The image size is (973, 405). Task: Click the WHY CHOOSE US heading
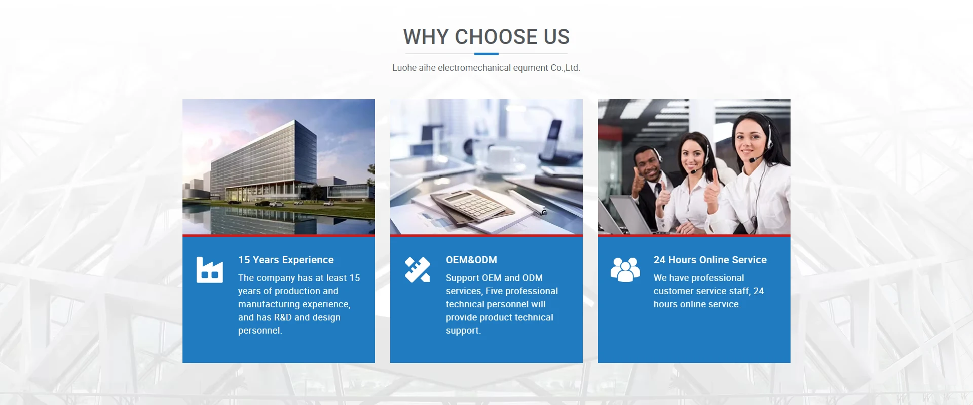click(486, 37)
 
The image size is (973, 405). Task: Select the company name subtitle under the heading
click(486, 68)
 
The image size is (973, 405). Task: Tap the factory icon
click(210, 270)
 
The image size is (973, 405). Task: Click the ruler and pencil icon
click(417, 269)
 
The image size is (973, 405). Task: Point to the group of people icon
click(625, 269)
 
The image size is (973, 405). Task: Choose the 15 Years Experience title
click(286, 260)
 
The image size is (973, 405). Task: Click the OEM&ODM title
click(471, 260)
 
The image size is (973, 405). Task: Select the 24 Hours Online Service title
click(710, 260)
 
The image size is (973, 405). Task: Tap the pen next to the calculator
click(528, 203)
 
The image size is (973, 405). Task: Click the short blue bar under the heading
click(486, 54)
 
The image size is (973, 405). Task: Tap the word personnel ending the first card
click(260, 331)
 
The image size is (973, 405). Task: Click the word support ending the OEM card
click(463, 331)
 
